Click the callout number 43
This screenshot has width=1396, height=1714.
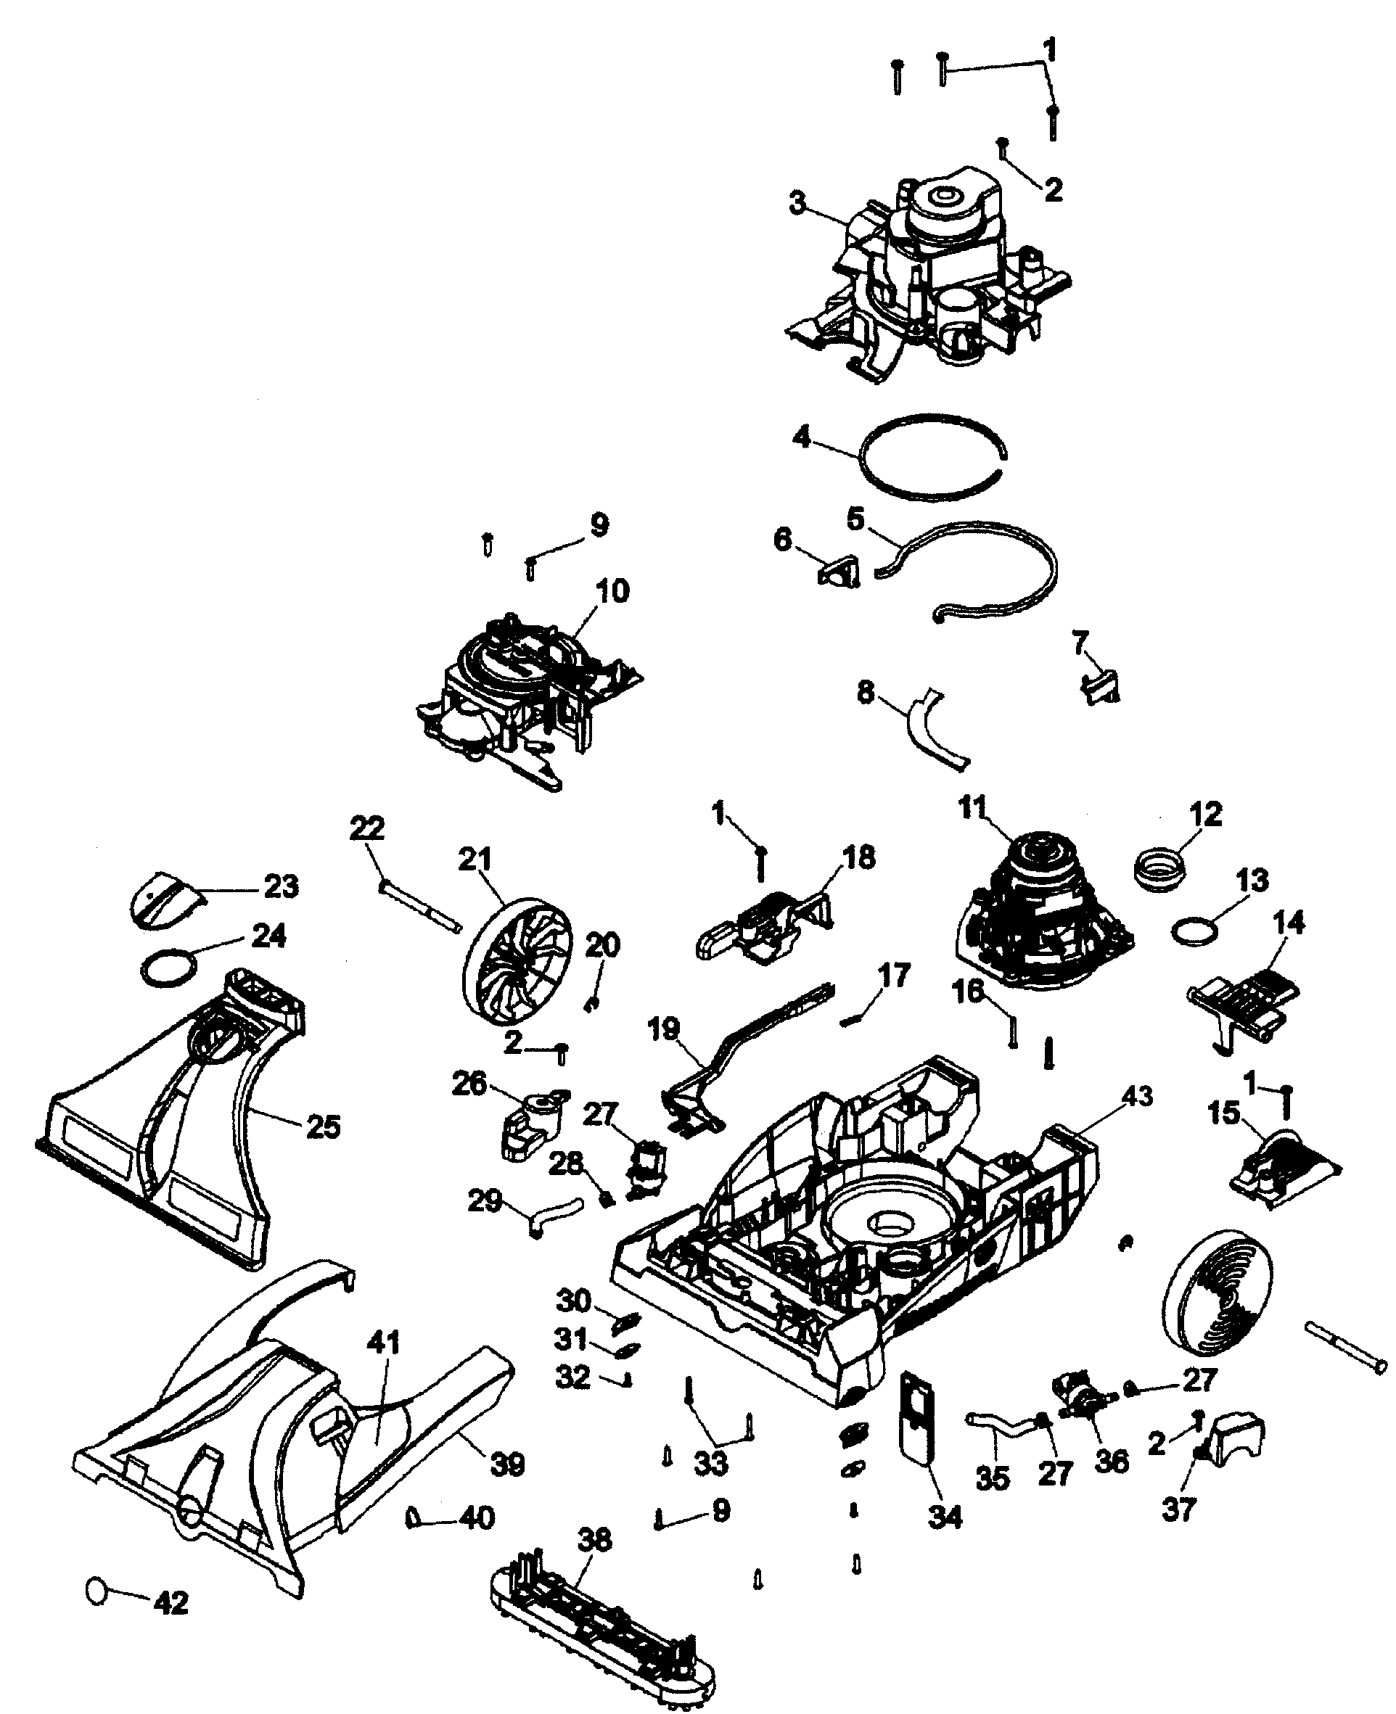1136,1096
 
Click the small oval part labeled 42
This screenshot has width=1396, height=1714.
97,1590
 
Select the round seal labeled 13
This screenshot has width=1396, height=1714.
1191,933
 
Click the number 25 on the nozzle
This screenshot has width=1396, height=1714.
324,1126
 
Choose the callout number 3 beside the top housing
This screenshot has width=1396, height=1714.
797,205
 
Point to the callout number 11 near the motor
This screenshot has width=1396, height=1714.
972,807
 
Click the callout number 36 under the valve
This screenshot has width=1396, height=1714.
1112,1461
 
